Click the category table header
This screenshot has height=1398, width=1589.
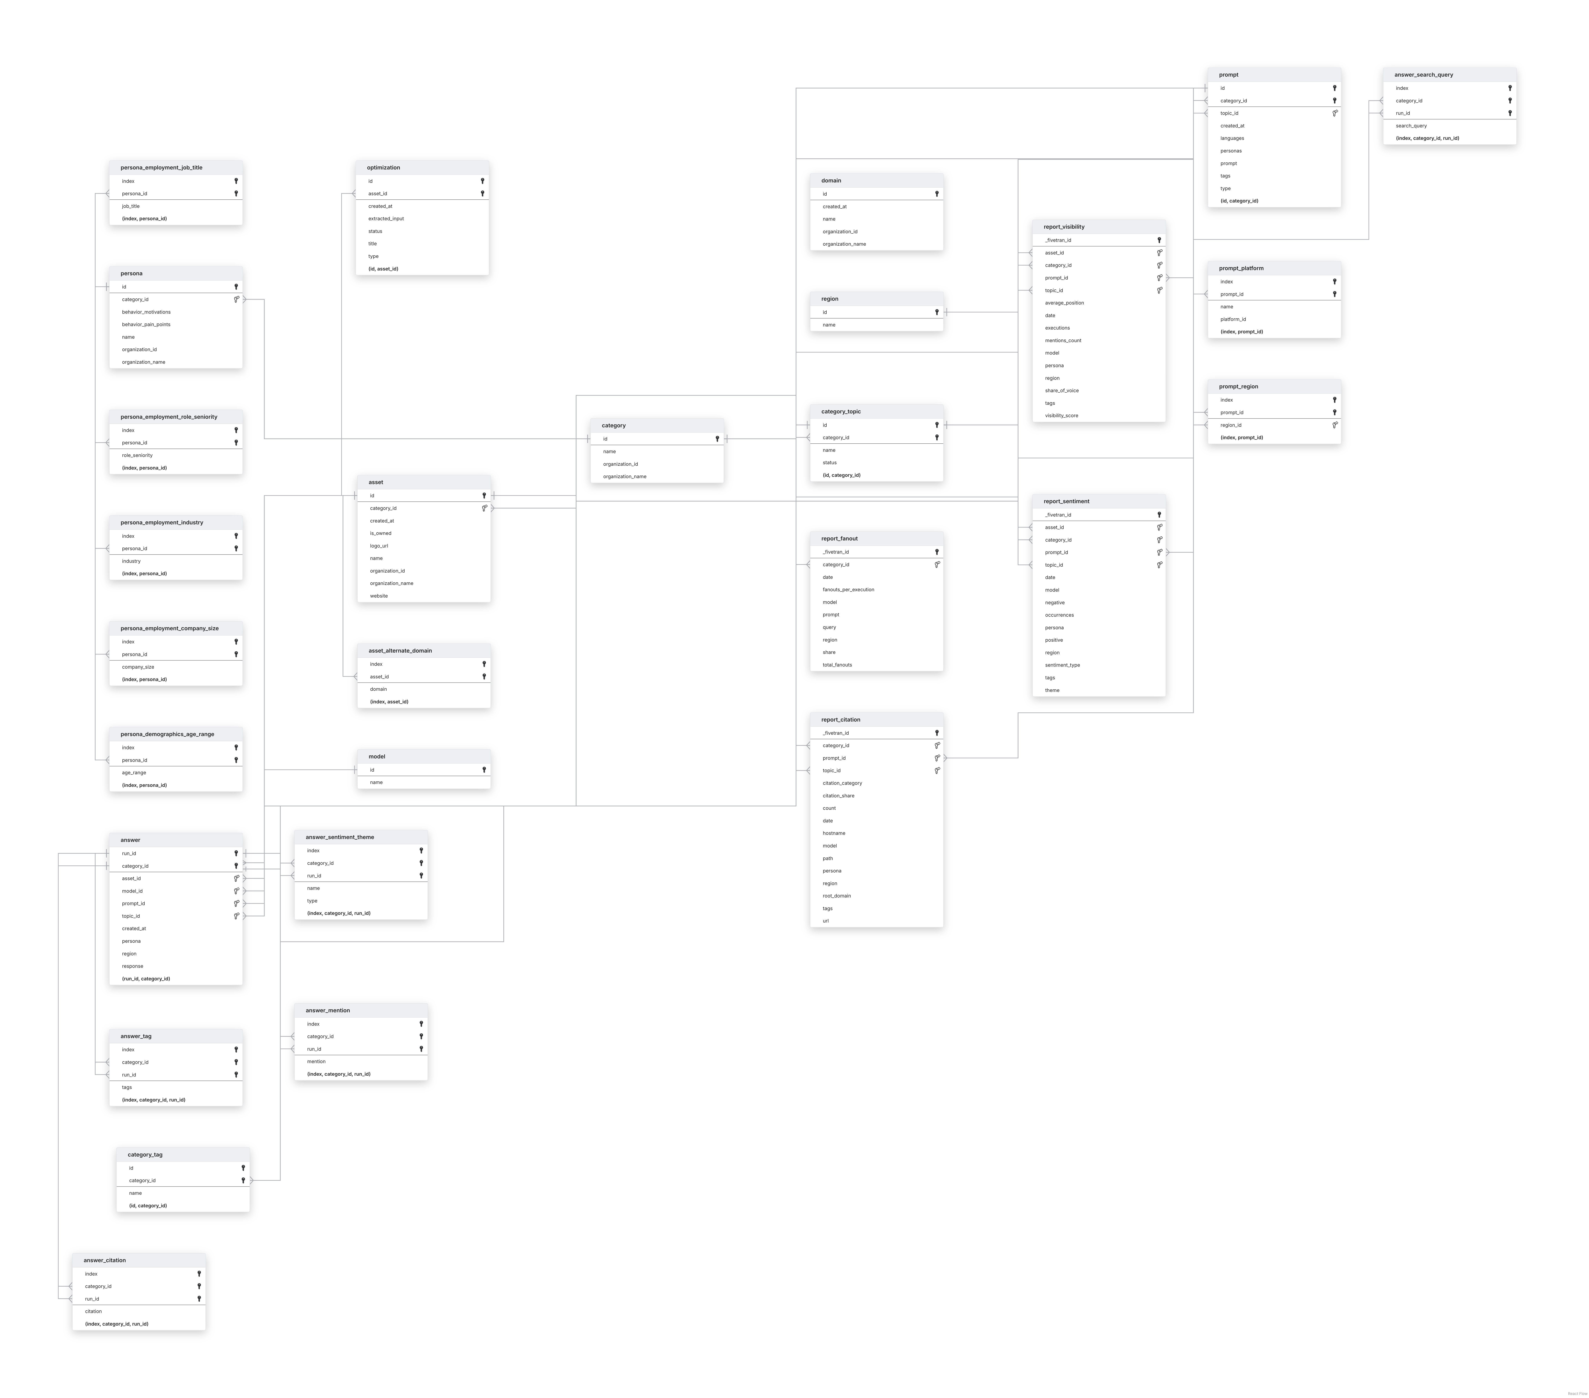tap(613, 425)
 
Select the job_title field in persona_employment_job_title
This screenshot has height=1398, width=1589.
tap(131, 206)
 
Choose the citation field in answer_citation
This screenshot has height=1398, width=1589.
tap(93, 1311)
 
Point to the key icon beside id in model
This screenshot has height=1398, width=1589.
tap(484, 770)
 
